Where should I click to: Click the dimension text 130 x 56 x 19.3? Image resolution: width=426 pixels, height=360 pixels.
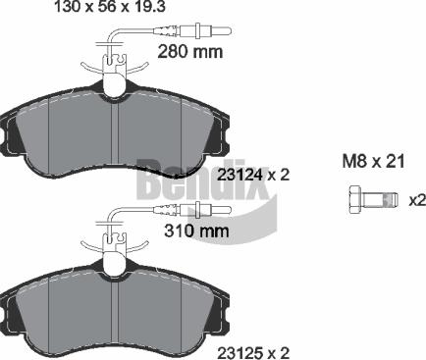tap(109, 6)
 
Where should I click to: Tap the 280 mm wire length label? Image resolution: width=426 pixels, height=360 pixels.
tap(189, 52)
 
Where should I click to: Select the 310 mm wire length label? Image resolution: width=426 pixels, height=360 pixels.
tap(196, 231)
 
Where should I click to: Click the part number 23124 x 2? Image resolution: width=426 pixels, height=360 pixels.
tap(253, 176)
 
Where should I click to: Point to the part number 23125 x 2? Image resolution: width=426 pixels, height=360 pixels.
tap(253, 353)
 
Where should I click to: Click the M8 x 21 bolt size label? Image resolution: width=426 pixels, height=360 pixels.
tap(373, 161)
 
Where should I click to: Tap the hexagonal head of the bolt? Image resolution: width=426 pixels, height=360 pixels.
tap(354, 199)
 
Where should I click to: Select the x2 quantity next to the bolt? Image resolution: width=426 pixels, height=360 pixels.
tap(417, 200)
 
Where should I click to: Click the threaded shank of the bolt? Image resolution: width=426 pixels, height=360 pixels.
tap(379, 200)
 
